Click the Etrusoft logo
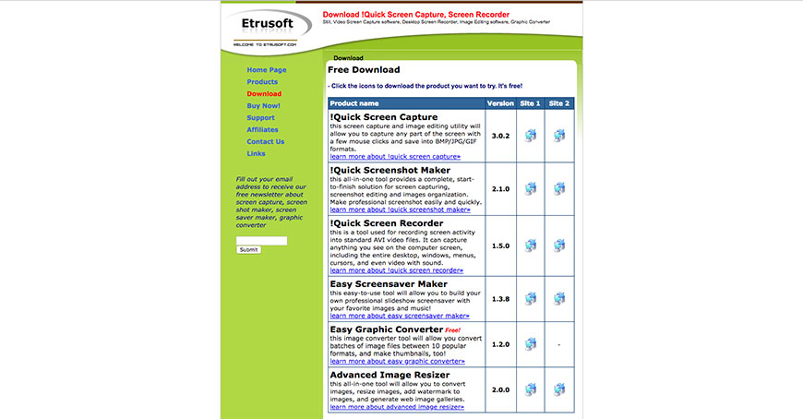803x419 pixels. [270, 24]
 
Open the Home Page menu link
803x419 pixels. [267, 70]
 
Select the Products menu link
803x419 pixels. [262, 82]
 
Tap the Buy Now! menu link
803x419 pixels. [263, 106]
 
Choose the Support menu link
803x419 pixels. [260, 118]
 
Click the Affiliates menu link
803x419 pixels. [262, 130]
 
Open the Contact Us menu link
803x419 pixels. [266, 142]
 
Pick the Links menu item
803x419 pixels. [256, 154]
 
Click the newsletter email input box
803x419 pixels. [261, 240]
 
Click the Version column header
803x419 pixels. [500, 103]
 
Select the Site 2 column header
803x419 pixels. [559, 103]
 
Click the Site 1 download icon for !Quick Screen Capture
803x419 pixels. [531, 136]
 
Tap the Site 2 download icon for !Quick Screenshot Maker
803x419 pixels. [559, 188]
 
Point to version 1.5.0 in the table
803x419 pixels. [500, 246]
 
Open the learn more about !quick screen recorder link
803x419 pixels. [396, 270]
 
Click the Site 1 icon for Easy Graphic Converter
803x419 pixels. [531, 344]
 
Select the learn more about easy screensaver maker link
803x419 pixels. [395, 316]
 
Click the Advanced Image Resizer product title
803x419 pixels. [390, 375]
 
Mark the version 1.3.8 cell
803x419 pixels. [500, 299]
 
